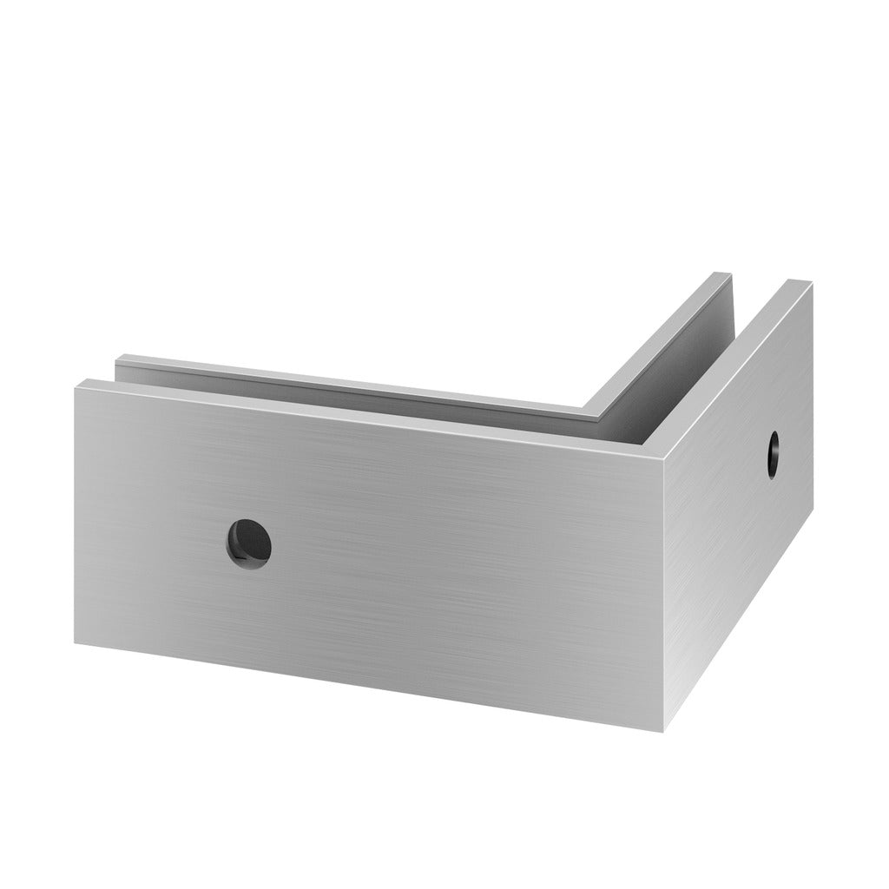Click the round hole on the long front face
point(249,543)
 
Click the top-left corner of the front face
point(76,383)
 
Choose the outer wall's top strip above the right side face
point(738,365)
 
